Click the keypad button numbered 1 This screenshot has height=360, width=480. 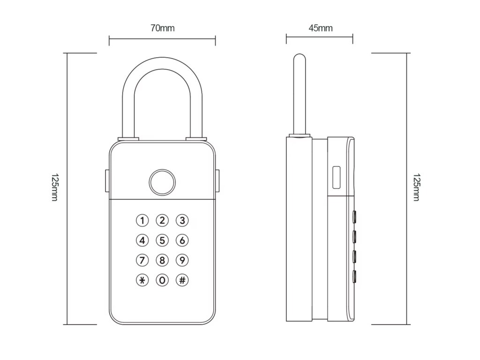point(142,220)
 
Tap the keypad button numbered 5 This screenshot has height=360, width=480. point(162,240)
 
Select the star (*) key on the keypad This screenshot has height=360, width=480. point(142,280)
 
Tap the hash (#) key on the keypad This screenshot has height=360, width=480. point(182,280)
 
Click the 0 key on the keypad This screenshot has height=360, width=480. point(162,280)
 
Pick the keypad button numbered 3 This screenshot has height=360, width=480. point(182,220)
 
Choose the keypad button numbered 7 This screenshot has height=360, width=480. point(142,260)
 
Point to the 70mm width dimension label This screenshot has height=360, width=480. point(162,28)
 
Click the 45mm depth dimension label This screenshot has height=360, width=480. point(321,28)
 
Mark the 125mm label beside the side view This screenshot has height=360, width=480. point(416,188)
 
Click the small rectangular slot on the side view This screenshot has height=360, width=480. point(336,178)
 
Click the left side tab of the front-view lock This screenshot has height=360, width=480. point(106,181)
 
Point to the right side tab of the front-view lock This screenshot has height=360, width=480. point(218,181)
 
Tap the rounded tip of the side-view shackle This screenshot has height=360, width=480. point(299,57)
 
